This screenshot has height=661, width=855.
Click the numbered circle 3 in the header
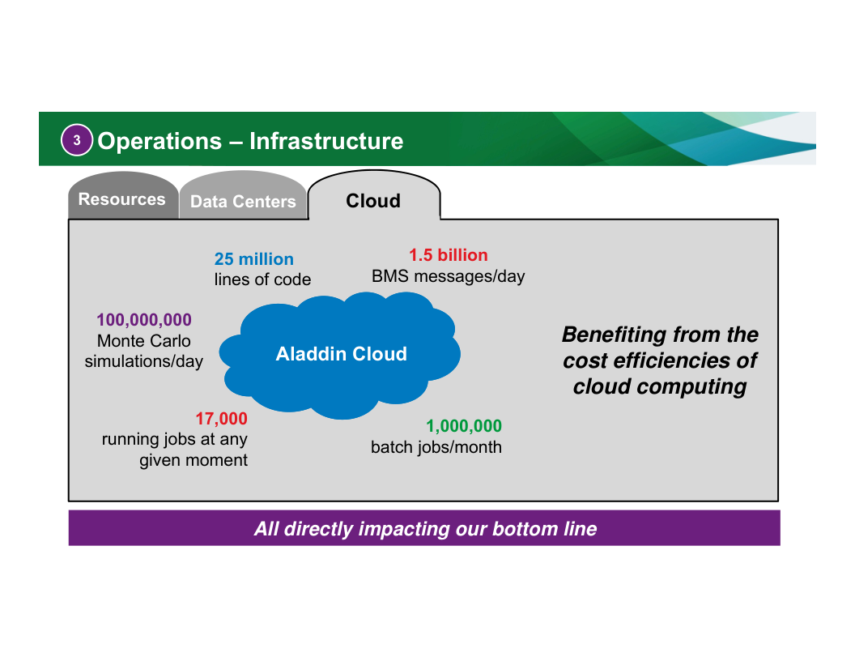(x=77, y=141)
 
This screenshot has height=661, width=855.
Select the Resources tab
(x=121, y=199)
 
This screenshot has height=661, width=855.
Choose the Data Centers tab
(x=243, y=202)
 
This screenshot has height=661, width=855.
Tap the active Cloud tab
(x=373, y=201)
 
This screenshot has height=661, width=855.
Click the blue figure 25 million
(x=253, y=259)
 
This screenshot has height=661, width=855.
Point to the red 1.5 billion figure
(x=448, y=255)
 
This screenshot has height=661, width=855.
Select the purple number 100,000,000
(x=144, y=320)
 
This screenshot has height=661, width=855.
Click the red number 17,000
(x=221, y=419)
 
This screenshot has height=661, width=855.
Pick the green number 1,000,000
(x=464, y=426)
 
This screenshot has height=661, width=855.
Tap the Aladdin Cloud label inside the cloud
(x=341, y=354)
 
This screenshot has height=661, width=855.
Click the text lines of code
(x=262, y=280)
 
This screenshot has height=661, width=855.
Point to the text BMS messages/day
(x=448, y=276)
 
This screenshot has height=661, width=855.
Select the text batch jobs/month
(x=436, y=447)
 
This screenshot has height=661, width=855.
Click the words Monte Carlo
(x=144, y=341)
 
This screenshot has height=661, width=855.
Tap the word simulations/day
(x=144, y=361)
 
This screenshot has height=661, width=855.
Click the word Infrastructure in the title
(x=326, y=141)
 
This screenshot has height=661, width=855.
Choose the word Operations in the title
(x=160, y=141)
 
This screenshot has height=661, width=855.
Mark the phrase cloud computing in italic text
(x=660, y=386)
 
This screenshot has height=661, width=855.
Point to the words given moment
(x=194, y=460)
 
